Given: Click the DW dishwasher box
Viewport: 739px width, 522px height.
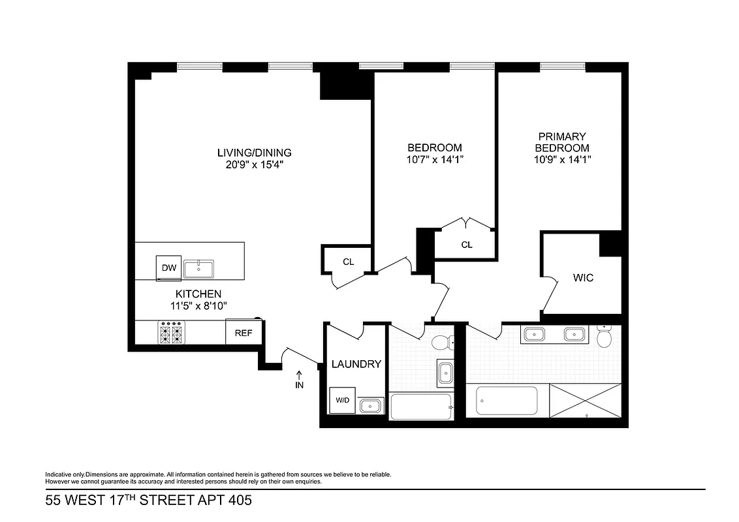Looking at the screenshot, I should pos(168,268).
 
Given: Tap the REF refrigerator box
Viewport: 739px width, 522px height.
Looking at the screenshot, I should pos(244,332).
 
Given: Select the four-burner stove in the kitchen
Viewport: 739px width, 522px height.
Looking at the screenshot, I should pos(172,333).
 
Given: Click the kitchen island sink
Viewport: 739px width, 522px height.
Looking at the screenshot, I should pos(199,268).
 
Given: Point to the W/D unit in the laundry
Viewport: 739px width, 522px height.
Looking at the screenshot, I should pos(342,400).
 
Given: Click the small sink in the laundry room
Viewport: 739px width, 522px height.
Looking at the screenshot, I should pos(370,405).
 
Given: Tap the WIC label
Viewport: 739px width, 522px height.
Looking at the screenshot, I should pos(583,278).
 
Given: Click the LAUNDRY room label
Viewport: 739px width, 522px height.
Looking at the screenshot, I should pos(356,364).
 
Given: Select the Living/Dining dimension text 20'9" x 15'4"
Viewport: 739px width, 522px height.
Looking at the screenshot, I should pos(255,165).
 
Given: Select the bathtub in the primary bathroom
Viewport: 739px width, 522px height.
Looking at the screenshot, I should pos(507,401).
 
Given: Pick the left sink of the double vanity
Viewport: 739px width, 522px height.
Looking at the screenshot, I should pos(535,334).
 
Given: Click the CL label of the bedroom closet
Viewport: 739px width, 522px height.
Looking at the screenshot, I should pos(467,245).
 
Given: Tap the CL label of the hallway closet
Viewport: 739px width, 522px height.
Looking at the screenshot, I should pos(349,262).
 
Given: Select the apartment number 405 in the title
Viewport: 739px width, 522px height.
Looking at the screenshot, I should pos(238,500).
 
